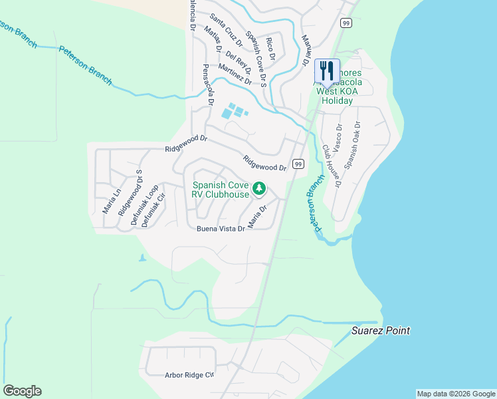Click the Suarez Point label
381,331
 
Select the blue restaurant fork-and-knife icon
327,71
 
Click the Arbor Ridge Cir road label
189,375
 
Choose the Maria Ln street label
110,199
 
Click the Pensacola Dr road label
207,85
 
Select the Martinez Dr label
235,76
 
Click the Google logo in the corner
23,391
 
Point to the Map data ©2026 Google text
455,394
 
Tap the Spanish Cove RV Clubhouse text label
220,190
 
